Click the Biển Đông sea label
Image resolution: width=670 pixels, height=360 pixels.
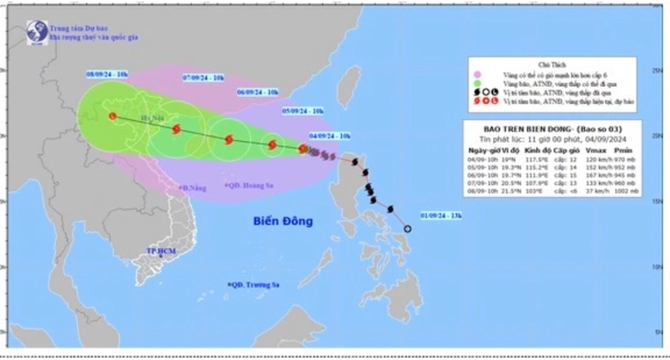(x=283, y=221)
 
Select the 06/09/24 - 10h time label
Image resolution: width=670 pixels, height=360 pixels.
(x=259, y=92)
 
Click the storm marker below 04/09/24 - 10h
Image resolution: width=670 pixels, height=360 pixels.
(x=303, y=149)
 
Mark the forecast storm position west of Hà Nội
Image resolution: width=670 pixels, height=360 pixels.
(x=113, y=116)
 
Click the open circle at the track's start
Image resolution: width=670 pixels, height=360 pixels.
(x=408, y=229)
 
